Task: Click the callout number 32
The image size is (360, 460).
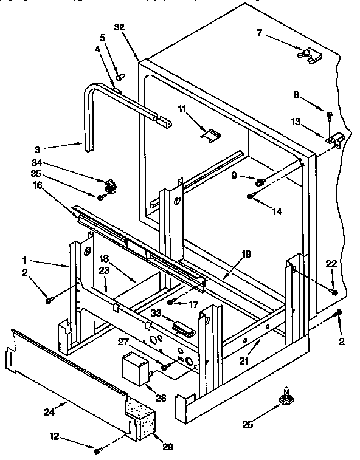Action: tap(119, 27)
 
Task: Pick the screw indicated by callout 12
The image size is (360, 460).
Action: tap(98, 450)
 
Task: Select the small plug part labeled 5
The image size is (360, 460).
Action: tap(120, 77)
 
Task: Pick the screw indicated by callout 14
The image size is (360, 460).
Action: tap(251, 196)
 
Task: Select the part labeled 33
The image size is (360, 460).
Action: tap(183, 328)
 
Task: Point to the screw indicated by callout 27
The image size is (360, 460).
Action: tap(164, 367)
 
